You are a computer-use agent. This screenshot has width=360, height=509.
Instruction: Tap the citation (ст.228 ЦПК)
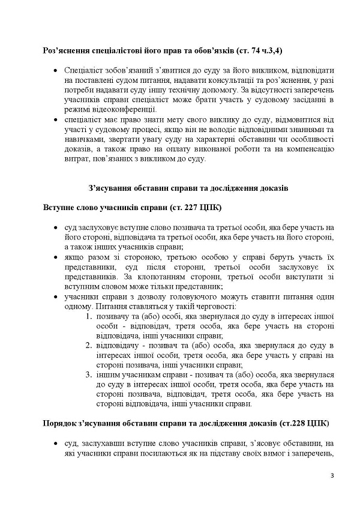click(303, 423)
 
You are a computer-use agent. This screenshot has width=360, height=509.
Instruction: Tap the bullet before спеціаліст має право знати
click(55, 120)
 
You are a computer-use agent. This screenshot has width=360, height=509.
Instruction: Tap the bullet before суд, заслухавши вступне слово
click(55, 443)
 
